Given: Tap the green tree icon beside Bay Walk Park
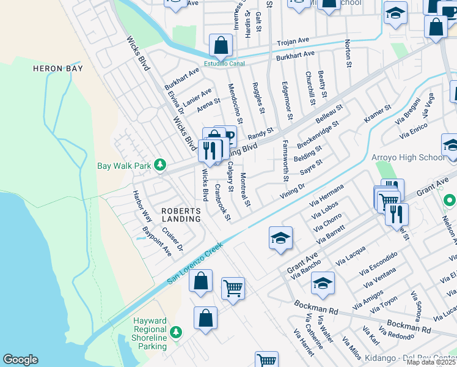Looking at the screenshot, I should tap(160, 165).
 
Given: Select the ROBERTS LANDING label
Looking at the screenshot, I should tap(181, 215).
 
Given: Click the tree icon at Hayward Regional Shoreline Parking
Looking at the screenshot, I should tap(176, 332).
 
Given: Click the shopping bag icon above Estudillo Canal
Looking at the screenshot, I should tap(221, 45).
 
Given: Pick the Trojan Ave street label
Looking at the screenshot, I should tap(293, 42).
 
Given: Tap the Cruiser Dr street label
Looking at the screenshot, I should tap(172, 239).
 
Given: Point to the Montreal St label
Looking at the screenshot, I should tap(244, 189).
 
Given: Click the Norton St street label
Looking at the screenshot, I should tap(348, 53).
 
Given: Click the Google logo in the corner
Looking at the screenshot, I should tap(20, 360).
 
